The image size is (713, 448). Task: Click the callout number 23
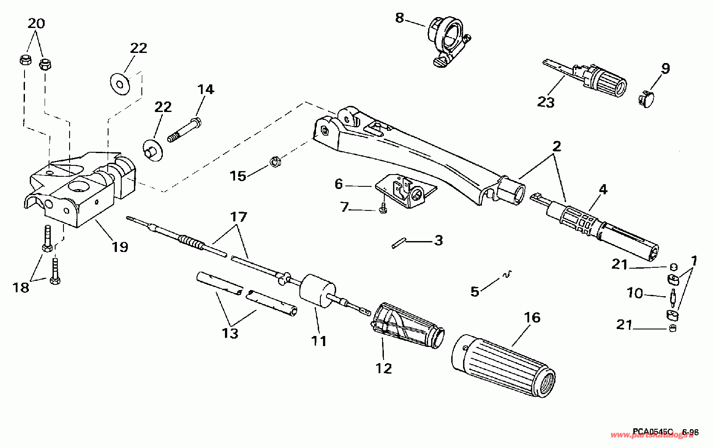pyautogui.click(x=546, y=102)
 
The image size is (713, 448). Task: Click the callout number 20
pyautogui.click(x=36, y=23)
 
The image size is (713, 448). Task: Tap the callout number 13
pyautogui.click(x=230, y=333)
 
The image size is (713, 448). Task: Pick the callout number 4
pyautogui.click(x=603, y=190)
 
